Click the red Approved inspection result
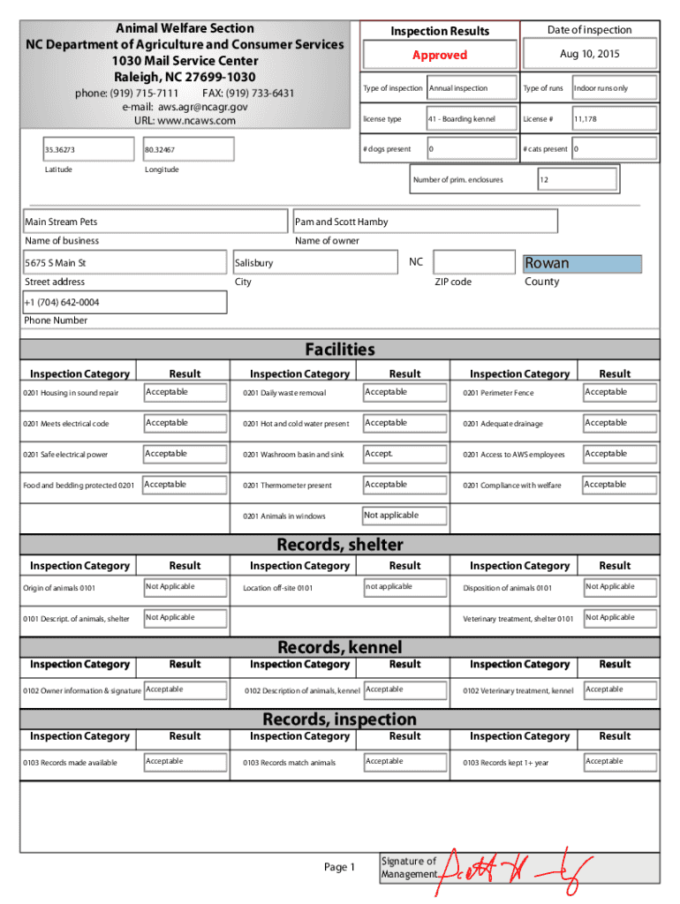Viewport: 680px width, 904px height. (x=439, y=55)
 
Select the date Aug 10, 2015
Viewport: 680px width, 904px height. (x=589, y=55)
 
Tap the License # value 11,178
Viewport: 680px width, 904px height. (x=613, y=119)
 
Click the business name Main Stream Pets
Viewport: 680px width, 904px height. (x=155, y=222)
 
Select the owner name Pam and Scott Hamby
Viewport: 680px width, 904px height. (x=425, y=222)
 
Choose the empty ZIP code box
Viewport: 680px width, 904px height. (x=474, y=262)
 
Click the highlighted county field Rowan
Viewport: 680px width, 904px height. (x=582, y=263)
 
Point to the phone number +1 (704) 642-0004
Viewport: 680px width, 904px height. (x=125, y=303)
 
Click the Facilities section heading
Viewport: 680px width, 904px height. (x=340, y=350)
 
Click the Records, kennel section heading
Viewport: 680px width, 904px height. (x=340, y=648)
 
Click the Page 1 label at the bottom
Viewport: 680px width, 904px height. (x=339, y=868)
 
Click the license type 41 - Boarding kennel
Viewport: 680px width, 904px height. (x=472, y=119)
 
